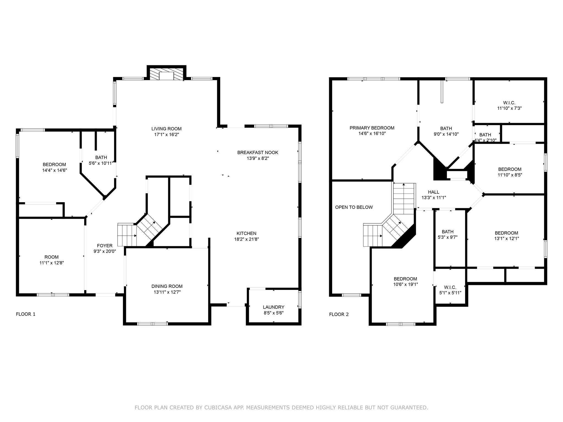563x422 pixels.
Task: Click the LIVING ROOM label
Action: (x=166, y=129)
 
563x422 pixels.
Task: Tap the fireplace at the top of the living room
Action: (x=166, y=74)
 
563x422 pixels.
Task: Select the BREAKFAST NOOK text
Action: (x=258, y=152)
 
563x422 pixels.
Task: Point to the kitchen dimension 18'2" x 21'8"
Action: (x=246, y=239)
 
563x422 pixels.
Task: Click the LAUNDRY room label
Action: (x=273, y=307)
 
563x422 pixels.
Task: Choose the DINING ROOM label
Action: (x=167, y=286)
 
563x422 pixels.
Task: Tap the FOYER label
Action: (x=104, y=246)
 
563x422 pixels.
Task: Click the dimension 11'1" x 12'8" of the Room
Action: (x=51, y=263)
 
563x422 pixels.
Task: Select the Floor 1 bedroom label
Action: (x=54, y=165)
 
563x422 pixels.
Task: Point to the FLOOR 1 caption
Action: (x=26, y=314)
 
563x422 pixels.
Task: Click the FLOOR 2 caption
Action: (x=339, y=314)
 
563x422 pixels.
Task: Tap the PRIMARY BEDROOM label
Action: (x=372, y=128)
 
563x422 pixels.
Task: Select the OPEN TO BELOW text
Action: (x=354, y=207)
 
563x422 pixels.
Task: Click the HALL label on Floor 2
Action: (x=434, y=192)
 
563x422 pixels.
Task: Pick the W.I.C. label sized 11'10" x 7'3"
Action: (x=509, y=103)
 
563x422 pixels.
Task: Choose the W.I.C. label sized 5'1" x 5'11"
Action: (x=450, y=287)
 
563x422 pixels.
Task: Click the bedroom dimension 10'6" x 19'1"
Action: (x=405, y=285)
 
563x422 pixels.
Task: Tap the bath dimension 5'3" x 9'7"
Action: (x=448, y=237)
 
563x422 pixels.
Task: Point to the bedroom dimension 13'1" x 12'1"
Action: (x=506, y=239)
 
